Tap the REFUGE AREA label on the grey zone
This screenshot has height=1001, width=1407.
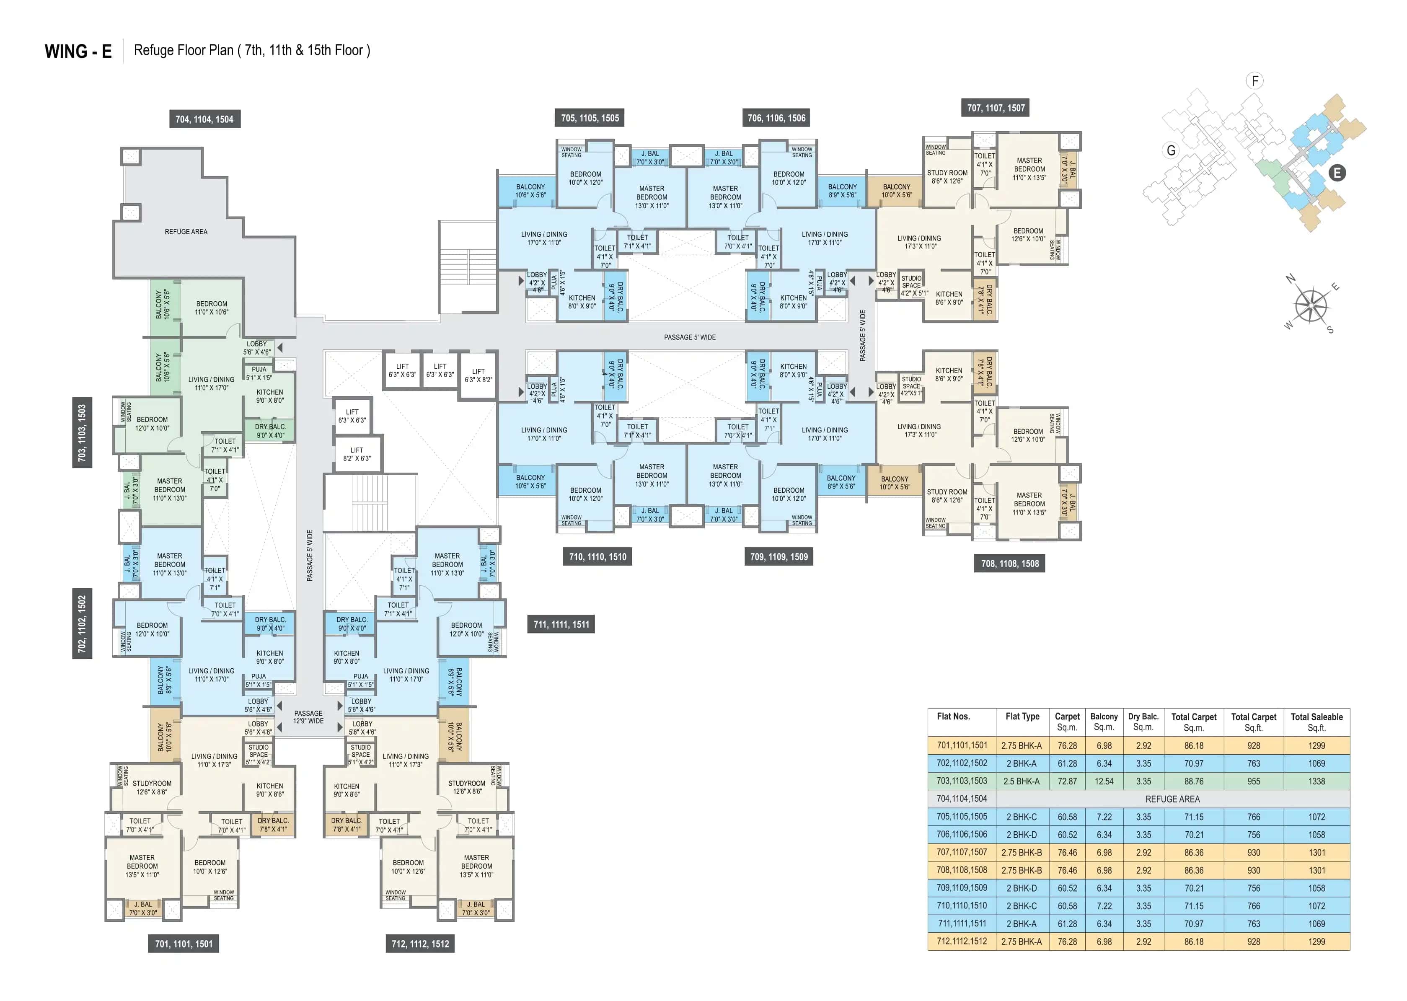click(x=186, y=232)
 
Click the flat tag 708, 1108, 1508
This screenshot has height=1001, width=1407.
click(x=1009, y=564)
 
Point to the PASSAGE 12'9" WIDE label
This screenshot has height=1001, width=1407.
click(x=308, y=717)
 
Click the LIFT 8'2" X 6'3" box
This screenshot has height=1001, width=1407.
click(x=357, y=454)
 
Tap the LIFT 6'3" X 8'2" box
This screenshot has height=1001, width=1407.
click(x=478, y=375)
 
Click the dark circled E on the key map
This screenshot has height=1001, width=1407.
click(x=1336, y=173)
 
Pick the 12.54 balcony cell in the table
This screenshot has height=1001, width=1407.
click(x=1103, y=781)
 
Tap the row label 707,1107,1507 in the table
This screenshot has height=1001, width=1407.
click(x=962, y=852)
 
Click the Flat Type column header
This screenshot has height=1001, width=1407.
click(x=1022, y=717)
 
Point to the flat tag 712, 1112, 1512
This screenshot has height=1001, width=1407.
click(x=420, y=944)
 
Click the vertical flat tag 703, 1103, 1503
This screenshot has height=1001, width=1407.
click(x=82, y=433)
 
